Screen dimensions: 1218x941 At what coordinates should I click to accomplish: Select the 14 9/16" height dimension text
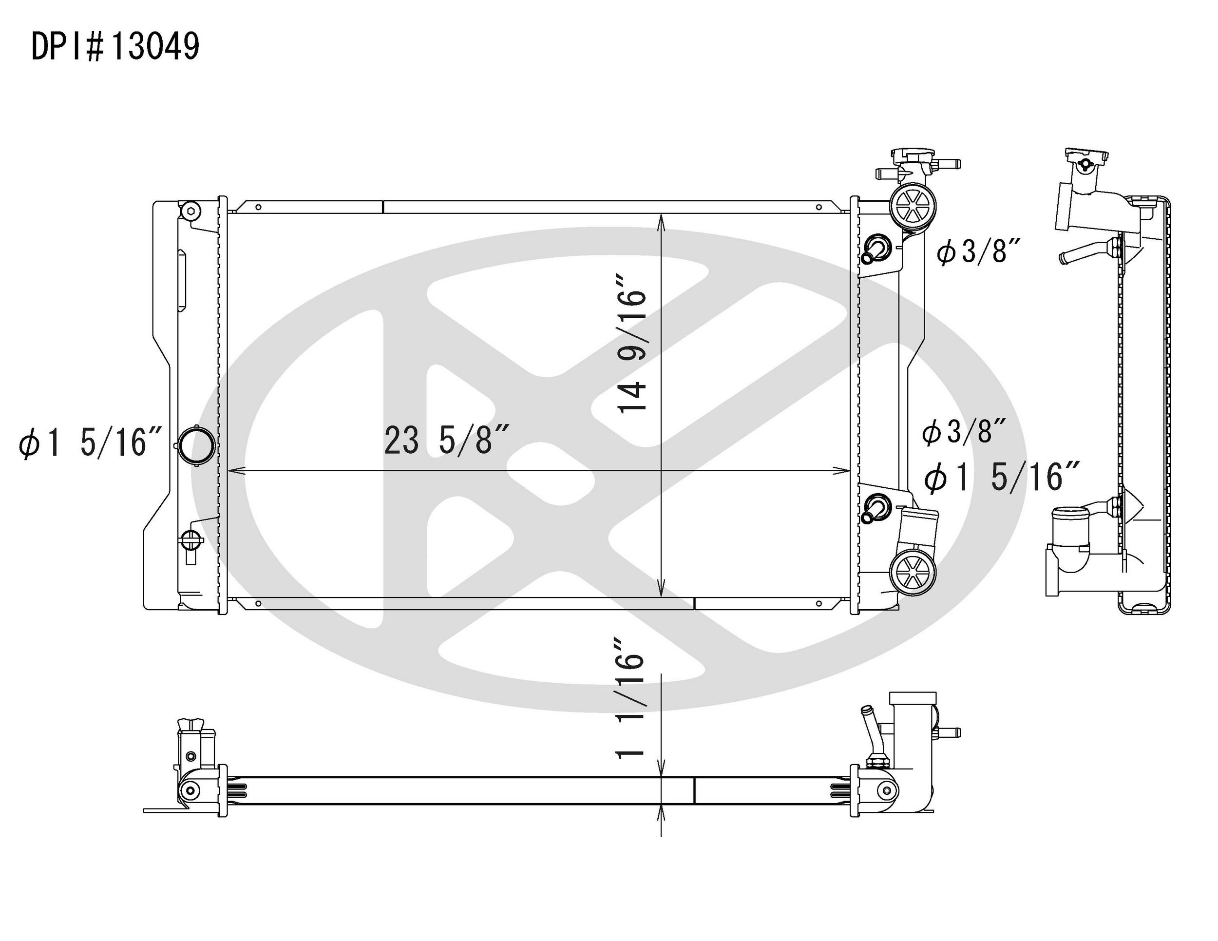click(632, 343)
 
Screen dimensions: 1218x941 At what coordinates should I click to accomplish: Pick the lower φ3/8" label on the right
click(964, 432)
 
